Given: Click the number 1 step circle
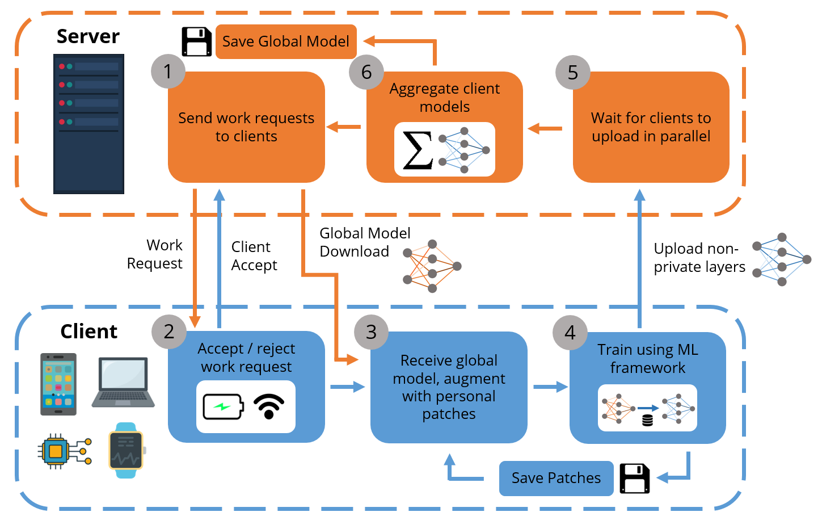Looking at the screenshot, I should (168, 72).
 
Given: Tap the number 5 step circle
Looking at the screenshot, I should (573, 72).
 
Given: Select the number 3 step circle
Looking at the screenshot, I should (371, 332).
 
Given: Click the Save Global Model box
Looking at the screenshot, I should (286, 41).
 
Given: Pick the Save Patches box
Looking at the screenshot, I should (556, 478).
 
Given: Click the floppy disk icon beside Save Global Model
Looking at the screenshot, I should (196, 41).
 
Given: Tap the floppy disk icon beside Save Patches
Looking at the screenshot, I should (634, 478).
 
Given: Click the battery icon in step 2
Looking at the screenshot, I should (224, 406).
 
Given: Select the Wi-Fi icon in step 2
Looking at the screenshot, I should (269, 406).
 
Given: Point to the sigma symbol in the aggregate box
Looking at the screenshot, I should (418, 150).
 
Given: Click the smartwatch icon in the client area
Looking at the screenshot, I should (127, 450).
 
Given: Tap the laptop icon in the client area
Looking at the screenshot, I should (123, 382).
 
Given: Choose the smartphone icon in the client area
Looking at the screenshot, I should (58, 384).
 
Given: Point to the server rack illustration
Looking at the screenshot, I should (88, 124).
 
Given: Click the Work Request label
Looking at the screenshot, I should (155, 254).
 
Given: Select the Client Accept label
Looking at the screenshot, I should (254, 256).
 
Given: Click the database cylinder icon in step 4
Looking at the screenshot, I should (647, 420).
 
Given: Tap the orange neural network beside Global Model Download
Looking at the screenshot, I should (432, 266).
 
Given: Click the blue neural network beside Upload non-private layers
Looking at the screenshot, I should (782, 259).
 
